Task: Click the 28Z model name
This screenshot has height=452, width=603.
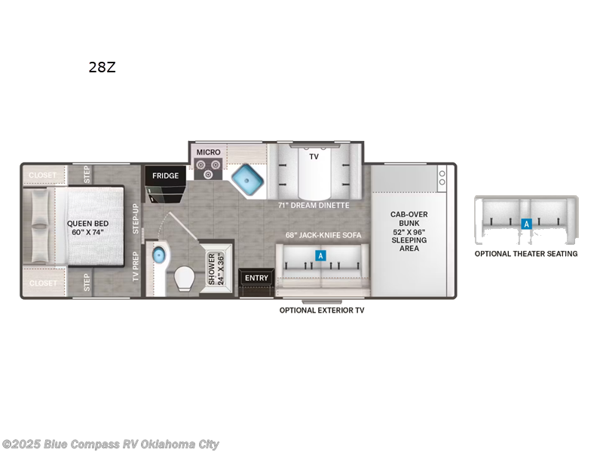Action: (x=101, y=67)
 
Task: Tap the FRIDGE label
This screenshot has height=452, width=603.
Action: (x=165, y=176)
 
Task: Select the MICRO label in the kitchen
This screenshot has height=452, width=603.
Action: (x=209, y=152)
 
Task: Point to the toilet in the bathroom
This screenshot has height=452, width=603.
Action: (x=185, y=281)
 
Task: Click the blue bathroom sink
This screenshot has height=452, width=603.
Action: (x=158, y=255)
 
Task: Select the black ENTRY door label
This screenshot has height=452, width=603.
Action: (x=256, y=278)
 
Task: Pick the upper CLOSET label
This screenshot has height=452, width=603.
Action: (x=43, y=176)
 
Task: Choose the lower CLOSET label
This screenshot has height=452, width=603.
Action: (x=43, y=283)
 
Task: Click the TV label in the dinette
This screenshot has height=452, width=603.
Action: (x=314, y=157)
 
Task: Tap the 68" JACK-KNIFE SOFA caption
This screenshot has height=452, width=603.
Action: (x=323, y=235)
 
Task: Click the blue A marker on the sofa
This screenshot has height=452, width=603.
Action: (x=320, y=256)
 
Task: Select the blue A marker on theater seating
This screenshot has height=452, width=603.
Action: (x=526, y=224)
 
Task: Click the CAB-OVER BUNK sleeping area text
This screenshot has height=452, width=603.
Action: (x=409, y=231)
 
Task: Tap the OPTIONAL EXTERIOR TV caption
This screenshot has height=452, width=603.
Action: (x=321, y=310)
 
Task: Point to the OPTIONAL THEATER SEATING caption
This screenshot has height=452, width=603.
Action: (x=525, y=254)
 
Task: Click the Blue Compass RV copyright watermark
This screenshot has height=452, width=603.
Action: (x=110, y=444)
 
